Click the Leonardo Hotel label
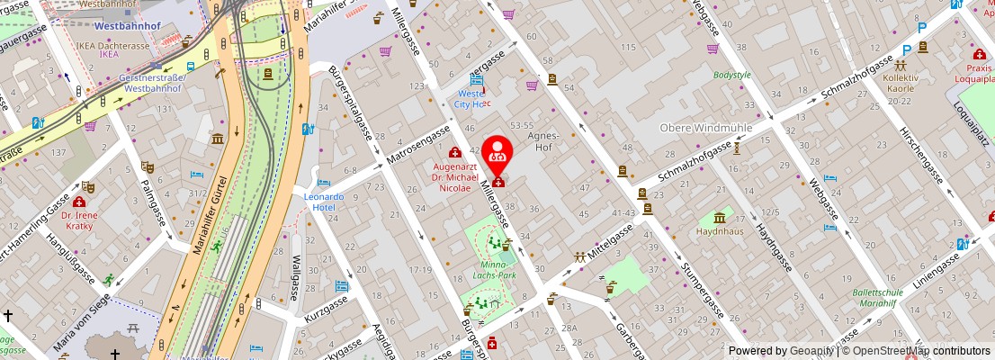[323, 202]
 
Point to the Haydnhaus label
[721, 231]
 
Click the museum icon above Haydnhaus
[721, 217]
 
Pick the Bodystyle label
[731, 75]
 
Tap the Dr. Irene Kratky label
[78, 221]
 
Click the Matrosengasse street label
[418, 145]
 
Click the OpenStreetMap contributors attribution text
[915, 351]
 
